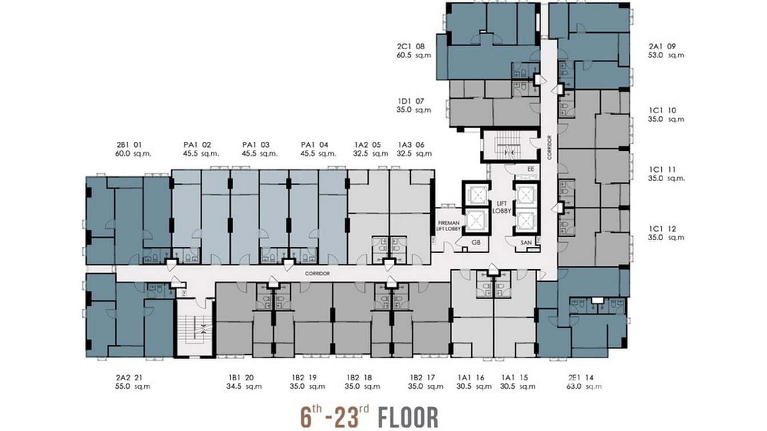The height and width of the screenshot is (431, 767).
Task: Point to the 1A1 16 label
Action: point(472,377)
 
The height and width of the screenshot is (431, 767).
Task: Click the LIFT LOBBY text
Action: point(501,207)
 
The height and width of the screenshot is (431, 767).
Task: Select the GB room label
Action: point(476,242)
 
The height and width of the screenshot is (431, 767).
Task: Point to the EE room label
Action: point(531,169)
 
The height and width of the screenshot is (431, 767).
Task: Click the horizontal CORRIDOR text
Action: point(317,274)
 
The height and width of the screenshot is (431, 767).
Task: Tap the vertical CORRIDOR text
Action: point(549,147)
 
